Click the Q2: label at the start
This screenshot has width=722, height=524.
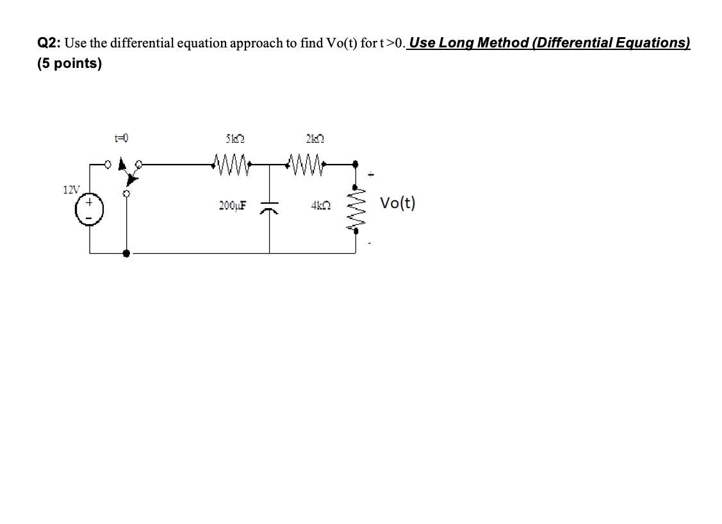point(49,43)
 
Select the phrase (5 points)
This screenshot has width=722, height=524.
point(69,64)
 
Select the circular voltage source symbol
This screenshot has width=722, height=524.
point(90,209)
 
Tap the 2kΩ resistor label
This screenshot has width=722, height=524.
point(314,138)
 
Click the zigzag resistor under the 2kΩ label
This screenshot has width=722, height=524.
point(309,159)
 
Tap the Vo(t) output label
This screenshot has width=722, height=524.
point(397,204)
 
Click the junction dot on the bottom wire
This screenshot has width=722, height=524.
point(127,254)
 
